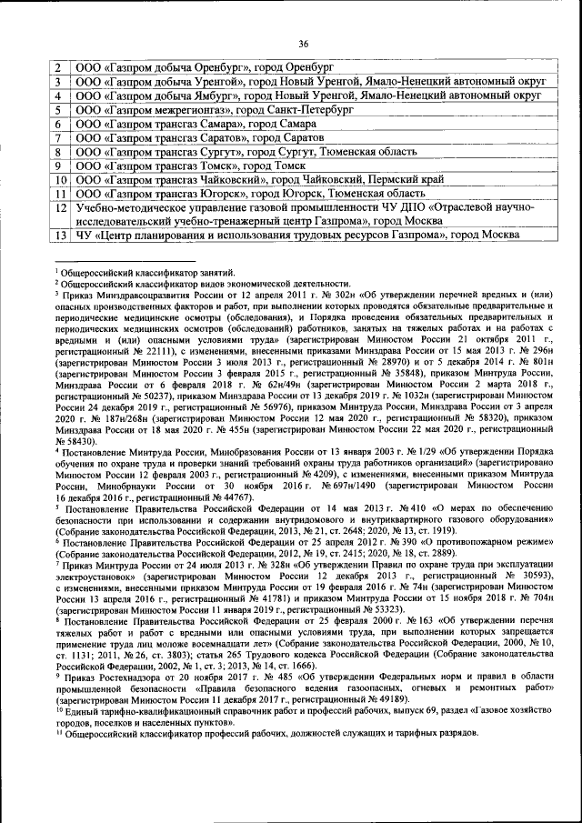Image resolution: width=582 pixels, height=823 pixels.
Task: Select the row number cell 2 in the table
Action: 59,68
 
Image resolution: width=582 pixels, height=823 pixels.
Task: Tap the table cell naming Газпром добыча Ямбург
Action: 309,95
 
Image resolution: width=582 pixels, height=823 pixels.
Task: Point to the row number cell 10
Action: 59,180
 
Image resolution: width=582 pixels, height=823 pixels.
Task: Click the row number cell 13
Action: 59,236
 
